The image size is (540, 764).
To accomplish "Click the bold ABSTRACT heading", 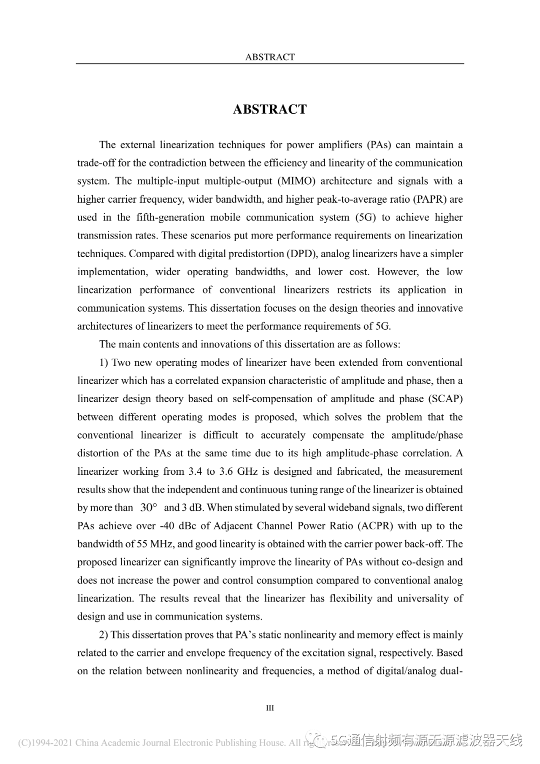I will coord(269,110).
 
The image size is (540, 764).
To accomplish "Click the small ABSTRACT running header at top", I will coord(269,57).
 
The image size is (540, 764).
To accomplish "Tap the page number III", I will coord(270,708).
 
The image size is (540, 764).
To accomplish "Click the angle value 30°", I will coord(148,507).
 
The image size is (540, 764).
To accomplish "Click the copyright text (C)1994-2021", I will coord(45,743).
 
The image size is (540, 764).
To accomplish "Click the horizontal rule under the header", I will coord(269,64).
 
